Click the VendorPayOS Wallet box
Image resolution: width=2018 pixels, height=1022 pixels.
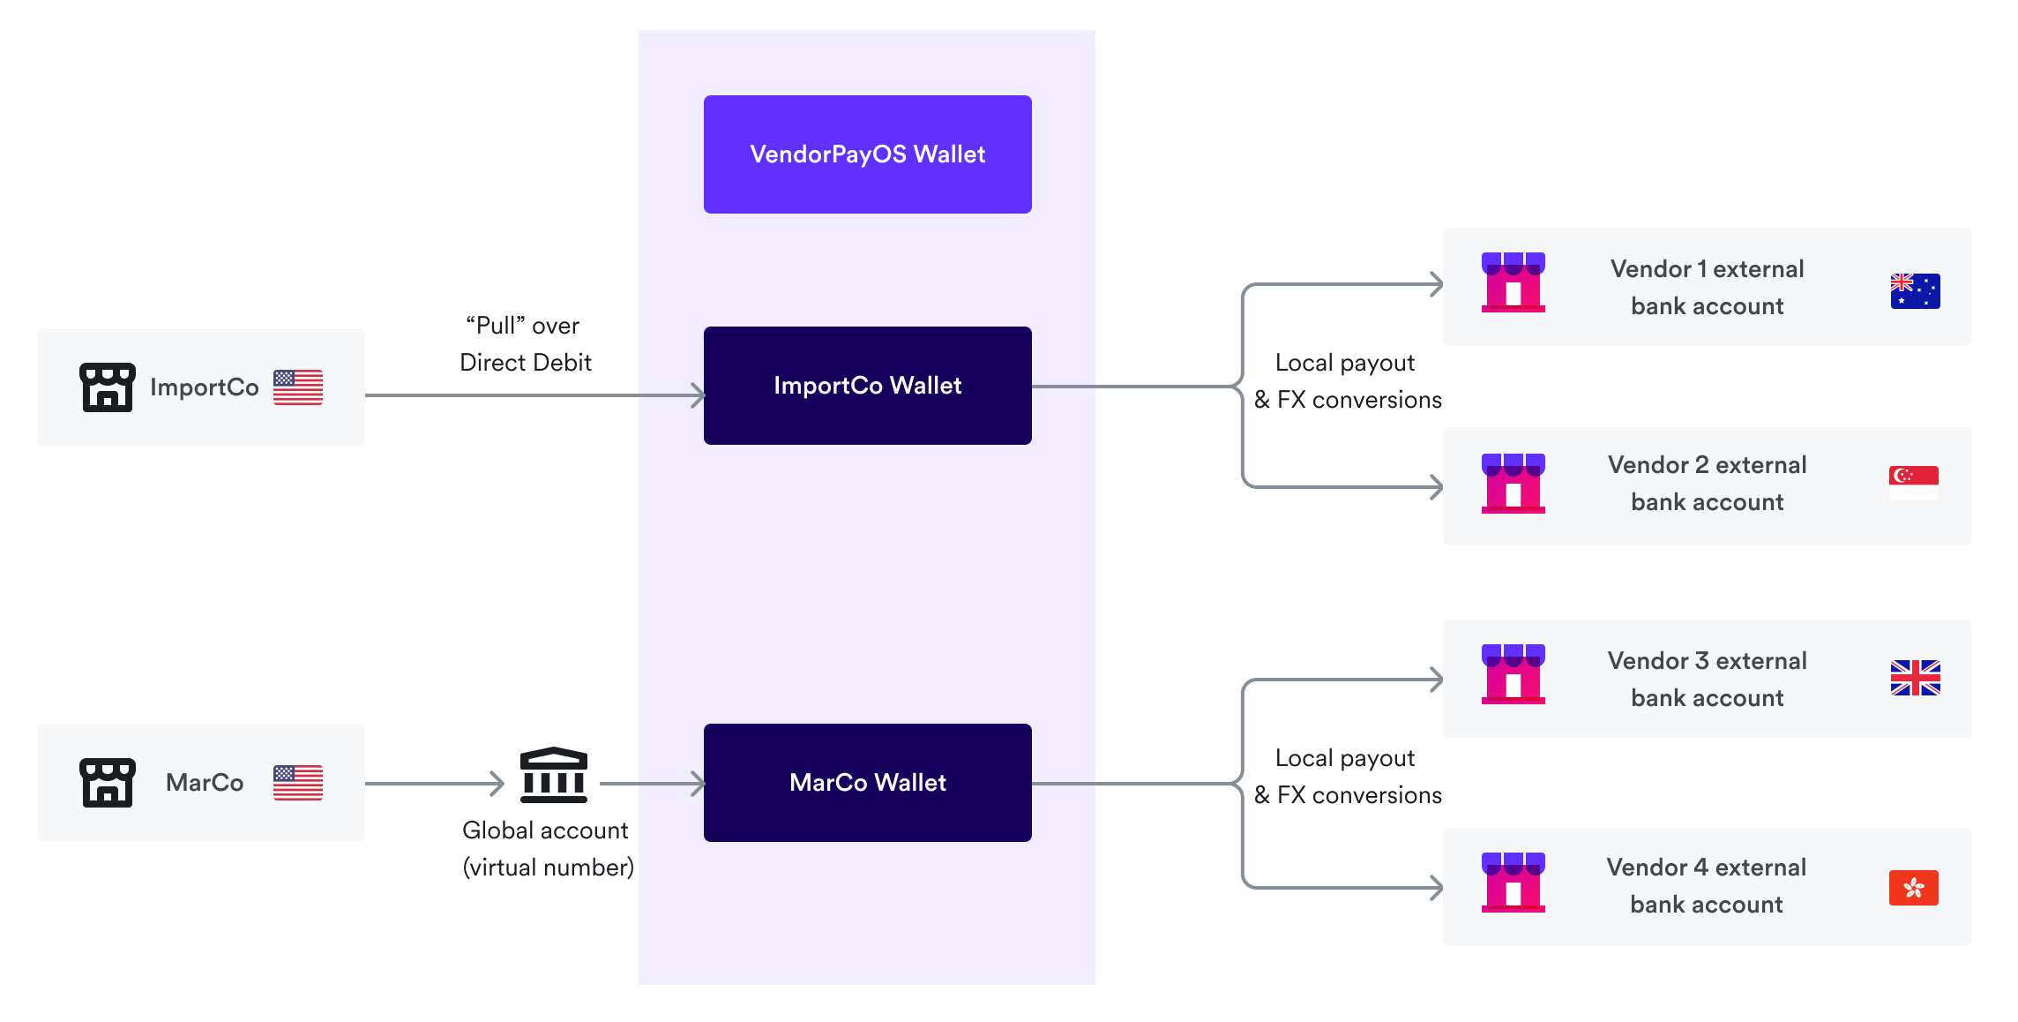(x=867, y=154)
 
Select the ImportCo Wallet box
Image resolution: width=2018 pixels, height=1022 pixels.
(x=867, y=386)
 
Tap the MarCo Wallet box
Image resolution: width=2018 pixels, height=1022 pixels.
(x=867, y=783)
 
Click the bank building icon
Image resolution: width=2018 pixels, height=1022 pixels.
(x=553, y=776)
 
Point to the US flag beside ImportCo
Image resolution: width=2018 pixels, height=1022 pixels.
(x=298, y=387)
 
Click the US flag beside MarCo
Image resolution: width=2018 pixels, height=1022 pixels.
(x=298, y=783)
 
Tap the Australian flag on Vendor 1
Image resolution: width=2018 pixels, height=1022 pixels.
(x=1915, y=291)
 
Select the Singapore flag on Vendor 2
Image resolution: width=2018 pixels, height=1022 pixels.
(x=1913, y=483)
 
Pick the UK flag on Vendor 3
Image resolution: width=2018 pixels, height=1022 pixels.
(x=1915, y=678)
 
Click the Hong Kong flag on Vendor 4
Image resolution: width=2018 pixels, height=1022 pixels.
(x=1913, y=888)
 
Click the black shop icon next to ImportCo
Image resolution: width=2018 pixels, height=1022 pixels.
(x=108, y=387)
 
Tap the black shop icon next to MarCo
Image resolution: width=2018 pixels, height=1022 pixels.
(x=108, y=783)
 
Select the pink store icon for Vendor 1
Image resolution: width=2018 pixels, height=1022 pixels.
(x=1513, y=282)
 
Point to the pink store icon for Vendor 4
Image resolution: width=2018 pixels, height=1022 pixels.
(x=1513, y=883)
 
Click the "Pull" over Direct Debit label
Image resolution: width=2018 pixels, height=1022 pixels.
(x=525, y=344)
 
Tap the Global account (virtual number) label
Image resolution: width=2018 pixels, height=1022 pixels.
(x=548, y=849)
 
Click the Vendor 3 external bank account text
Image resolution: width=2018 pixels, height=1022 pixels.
(x=1707, y=679)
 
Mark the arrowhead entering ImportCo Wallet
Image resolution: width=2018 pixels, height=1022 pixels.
(x=699, y=395)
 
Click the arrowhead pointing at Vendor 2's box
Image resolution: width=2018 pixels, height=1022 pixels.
(x=1437, y=487)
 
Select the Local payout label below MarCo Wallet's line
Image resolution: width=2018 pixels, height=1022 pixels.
(x=1347, y=777)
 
